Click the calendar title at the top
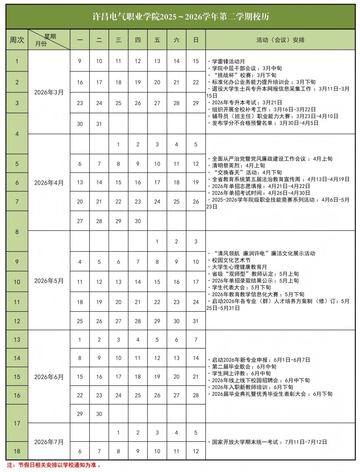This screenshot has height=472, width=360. (x=180, y=17)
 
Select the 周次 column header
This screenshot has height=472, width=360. (x=17, y=40)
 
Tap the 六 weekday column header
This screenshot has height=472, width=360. (x=176, y=40)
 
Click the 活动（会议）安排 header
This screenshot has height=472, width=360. (x=280, y=40)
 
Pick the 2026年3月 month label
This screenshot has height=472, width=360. (x=49, y=93)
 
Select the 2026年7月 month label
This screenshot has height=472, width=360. (x=49, y=442)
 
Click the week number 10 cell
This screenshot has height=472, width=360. (x=17, y=282)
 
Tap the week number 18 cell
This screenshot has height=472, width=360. (x=17, y=451)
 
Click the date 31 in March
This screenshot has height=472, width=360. (x=99, y=124)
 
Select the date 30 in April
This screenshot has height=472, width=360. (x=138, y=221)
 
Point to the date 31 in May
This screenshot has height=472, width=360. (x=196, y=321)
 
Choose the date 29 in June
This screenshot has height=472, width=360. (x=80, y=414)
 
